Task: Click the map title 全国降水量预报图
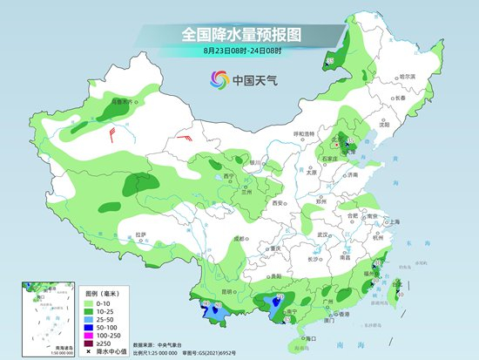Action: point(239,35)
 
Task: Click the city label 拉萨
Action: point(141,234)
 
